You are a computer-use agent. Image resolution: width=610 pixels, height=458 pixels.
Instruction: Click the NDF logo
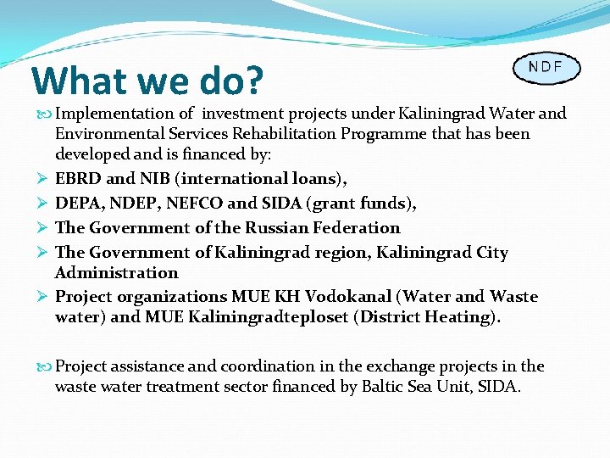click(546, 68)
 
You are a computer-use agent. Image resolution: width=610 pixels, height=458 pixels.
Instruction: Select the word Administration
click(117, 273)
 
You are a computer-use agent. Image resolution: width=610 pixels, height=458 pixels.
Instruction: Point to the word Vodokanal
click(348, 297)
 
